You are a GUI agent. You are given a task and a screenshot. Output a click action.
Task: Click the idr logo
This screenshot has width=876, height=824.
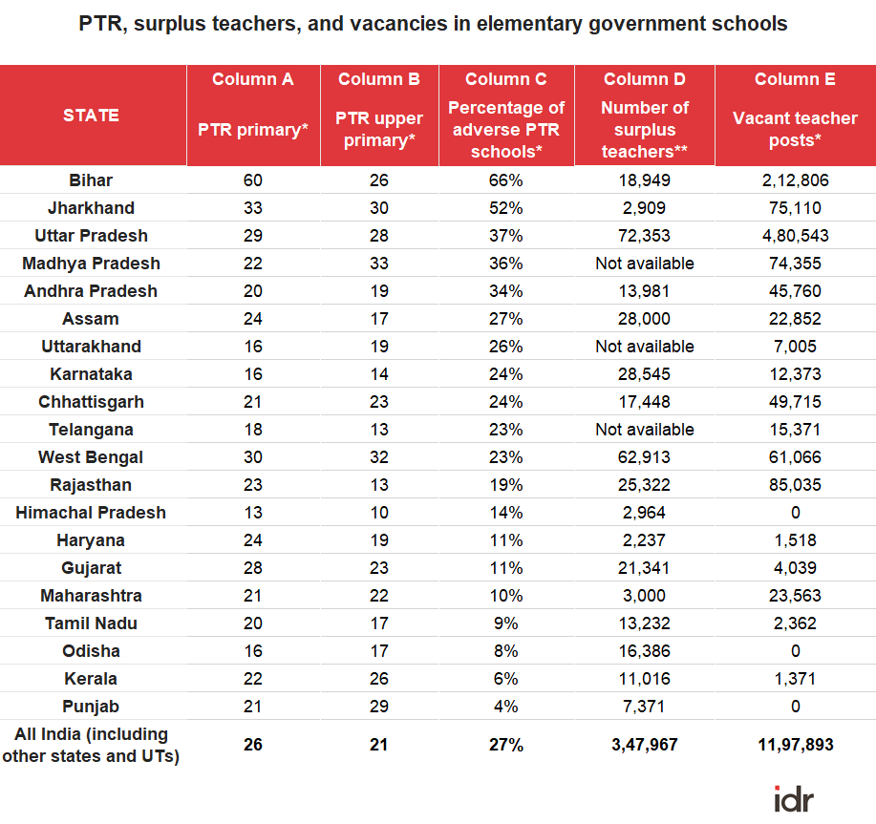794,799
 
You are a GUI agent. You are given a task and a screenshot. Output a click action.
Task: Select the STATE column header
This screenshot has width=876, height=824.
91,115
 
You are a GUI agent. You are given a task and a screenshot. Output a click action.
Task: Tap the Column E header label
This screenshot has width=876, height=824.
795,79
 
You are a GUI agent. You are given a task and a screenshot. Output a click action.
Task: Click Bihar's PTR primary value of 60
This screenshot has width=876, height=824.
252,180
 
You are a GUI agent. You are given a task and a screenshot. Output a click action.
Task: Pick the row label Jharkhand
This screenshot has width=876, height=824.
91,208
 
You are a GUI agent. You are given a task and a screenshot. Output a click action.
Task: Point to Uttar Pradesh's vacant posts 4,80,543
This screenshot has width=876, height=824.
795,236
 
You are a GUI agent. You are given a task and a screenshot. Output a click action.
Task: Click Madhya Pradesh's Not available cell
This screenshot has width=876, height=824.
645,264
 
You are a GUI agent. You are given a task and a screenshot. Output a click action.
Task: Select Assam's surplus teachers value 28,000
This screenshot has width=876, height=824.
644,319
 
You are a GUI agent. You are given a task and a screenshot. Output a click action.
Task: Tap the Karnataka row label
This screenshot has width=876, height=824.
91,374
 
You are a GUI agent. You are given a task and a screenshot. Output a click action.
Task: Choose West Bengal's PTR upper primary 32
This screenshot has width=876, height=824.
379,457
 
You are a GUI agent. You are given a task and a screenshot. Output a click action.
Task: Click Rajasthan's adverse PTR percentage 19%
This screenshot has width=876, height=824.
506,485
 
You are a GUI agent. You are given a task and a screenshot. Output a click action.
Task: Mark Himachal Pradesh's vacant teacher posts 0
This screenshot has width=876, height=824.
796,513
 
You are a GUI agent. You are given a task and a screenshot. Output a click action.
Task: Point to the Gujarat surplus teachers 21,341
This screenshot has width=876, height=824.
644,568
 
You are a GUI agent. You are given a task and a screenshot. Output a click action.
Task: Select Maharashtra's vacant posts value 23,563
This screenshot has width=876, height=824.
795,596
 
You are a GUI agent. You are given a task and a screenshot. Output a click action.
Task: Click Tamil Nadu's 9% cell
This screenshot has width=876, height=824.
506,623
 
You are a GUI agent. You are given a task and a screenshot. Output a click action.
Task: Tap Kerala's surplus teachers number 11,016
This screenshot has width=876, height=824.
644,679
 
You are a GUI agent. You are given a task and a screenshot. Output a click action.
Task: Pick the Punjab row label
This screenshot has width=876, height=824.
91,707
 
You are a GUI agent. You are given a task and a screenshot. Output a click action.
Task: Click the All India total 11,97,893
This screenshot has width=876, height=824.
796,745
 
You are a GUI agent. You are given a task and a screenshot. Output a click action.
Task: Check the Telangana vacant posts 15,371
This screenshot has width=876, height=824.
795,430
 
